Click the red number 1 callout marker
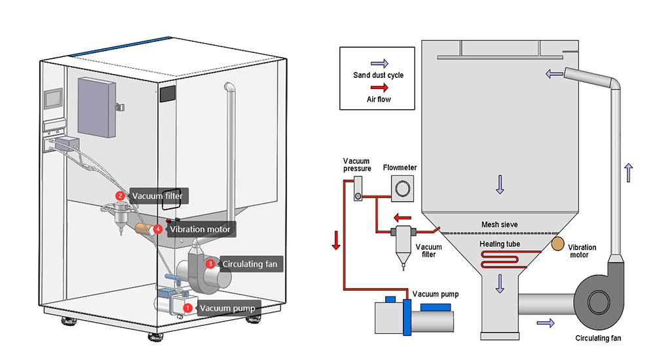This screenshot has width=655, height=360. click(x=187, y=307)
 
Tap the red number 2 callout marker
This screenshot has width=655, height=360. click(x=120, y=195)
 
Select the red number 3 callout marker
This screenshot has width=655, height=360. click(x=210, y=264)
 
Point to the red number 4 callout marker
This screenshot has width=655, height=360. click(x=158, y=230)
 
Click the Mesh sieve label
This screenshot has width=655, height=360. click(x=499, y=225)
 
